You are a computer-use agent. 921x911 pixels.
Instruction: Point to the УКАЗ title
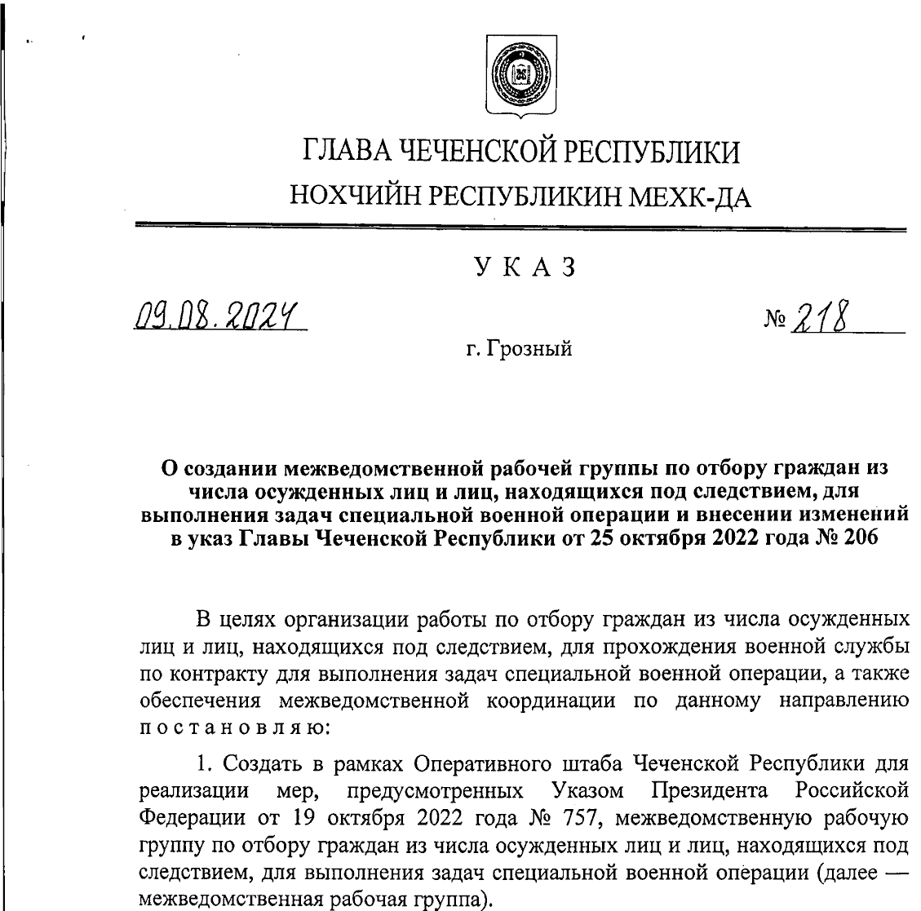tap(520, 268)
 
